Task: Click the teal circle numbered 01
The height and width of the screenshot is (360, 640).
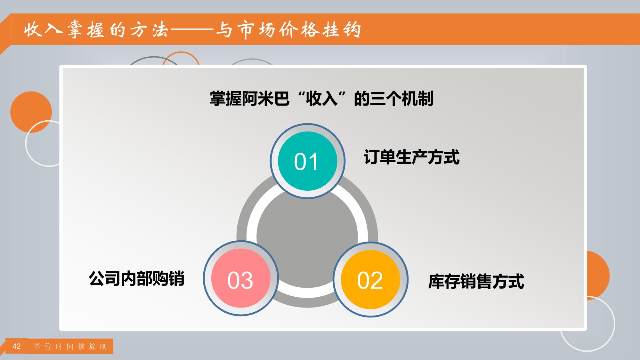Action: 307,161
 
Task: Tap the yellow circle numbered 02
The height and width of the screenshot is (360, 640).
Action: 370,280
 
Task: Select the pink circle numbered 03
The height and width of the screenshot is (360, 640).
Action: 241,278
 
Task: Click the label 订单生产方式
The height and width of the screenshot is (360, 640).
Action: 411,157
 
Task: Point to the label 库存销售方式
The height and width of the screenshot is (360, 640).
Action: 476,281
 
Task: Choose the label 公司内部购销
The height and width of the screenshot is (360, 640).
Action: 137,278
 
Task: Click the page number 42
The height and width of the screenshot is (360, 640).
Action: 16,346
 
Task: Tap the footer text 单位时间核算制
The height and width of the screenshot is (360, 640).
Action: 70,347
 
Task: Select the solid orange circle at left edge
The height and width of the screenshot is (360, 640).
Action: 31,112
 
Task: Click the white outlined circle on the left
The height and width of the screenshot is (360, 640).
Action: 26,143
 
